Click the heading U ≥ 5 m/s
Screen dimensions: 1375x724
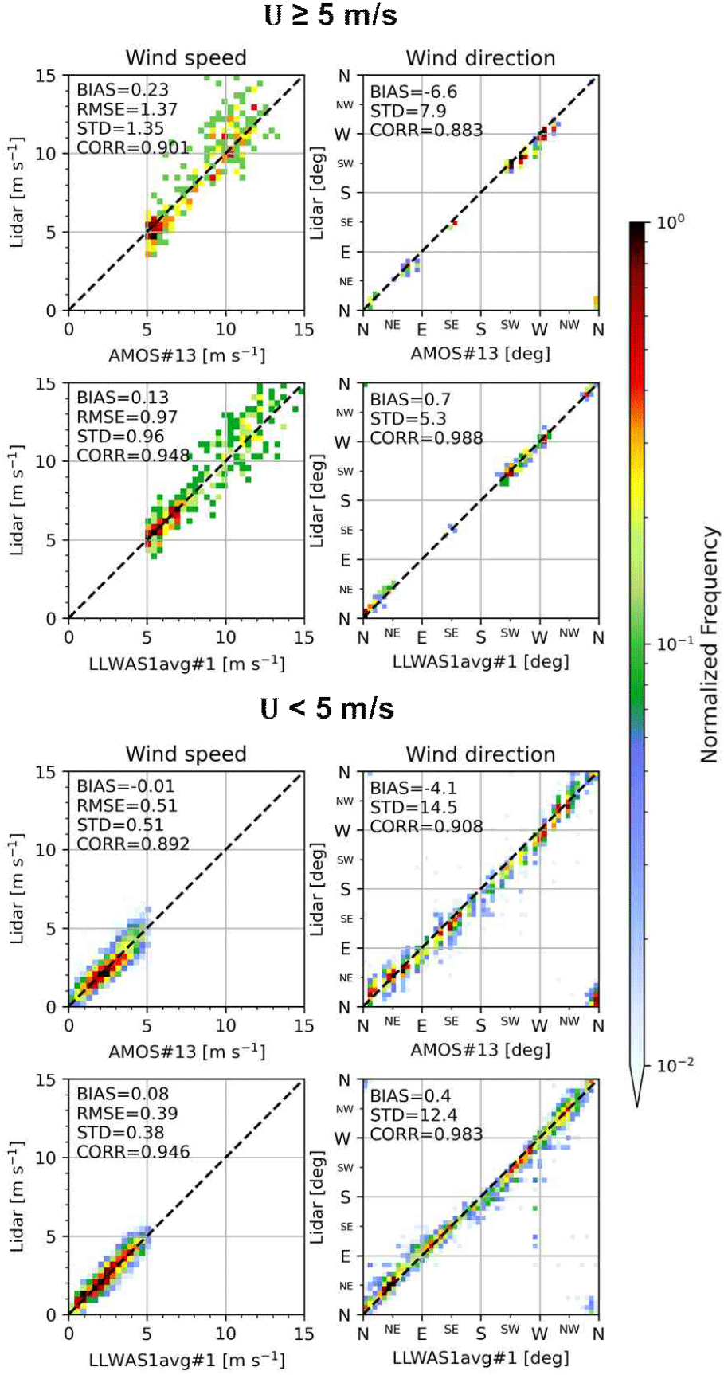pos(330,14)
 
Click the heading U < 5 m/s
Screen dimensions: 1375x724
pos(327,707)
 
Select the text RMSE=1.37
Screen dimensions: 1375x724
pos(127,109)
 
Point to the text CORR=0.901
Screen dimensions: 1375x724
pos(132,147)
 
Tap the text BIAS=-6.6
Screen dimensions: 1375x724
pos(413,92)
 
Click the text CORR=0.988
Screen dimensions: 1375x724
pos(426,438)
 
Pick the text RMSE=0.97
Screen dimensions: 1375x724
pos(127,417)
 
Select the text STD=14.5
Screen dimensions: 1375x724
pos(413,807)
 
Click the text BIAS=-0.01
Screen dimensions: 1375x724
pos(125,786)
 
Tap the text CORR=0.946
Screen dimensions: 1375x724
pos(133,1152)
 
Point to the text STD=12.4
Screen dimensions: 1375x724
pos(413,1114)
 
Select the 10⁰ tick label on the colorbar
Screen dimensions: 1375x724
pos(671,222)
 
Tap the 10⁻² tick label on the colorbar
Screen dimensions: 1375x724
pos(674,1064)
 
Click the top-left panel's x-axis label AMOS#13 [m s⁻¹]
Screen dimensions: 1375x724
pos(186,355)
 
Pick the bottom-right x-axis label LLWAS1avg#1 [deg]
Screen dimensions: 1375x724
pos(480,1357)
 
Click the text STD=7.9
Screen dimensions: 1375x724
pos(408,111)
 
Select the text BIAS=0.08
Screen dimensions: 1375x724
pos(123,1094)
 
